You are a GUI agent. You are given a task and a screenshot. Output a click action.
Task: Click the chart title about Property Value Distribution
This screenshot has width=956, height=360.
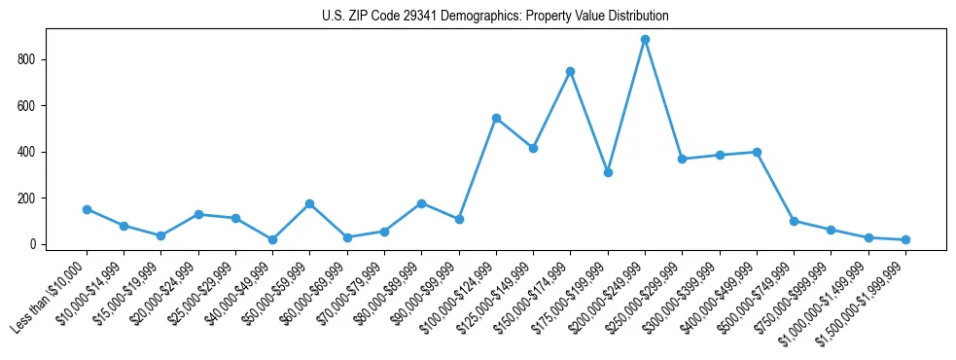(495, 17)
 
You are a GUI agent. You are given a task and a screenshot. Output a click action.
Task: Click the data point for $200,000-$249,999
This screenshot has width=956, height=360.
(645, 40)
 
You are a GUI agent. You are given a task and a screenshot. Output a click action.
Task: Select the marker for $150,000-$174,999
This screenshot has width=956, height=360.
(570, 71)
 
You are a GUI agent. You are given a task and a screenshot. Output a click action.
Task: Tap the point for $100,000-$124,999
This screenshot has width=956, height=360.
(496, 118)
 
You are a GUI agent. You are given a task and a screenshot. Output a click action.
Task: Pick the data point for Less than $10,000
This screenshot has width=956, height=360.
(87, 209)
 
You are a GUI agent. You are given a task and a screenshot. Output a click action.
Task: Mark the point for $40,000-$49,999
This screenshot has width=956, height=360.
(272, 239)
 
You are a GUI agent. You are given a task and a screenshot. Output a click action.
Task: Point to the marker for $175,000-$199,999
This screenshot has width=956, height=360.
(608, 172)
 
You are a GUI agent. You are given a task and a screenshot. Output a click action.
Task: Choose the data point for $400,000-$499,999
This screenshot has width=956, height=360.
(757, 152)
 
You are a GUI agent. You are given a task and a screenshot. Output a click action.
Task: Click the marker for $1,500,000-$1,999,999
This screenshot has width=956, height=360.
(905, 239)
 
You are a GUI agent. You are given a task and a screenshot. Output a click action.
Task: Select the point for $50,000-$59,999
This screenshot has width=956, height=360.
(309, 203)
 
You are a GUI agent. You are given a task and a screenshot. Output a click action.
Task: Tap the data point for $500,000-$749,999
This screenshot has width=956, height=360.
(794, 221)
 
